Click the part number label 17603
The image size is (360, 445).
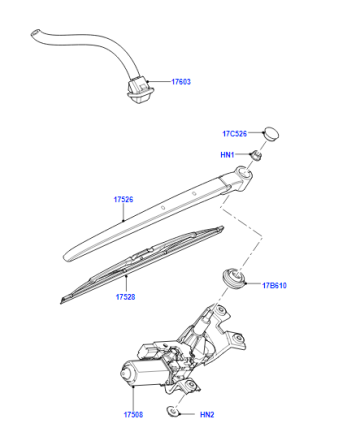click(181, 82)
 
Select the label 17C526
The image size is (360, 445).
click(235, 134)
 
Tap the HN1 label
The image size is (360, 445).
click(227, 155)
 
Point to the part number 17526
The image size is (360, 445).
click(123, 199)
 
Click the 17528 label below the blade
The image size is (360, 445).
click(125, 297)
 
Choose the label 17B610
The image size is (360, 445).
click(274, 285)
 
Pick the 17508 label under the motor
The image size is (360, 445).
click(133, 415)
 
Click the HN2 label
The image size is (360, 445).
click(207, 415)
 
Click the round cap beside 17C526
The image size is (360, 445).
click(271, 133)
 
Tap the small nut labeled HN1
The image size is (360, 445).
click(256, 155)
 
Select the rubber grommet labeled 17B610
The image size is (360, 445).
click(234, 278)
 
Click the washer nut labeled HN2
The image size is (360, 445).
click(173, 412)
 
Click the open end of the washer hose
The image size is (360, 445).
click(35, 33)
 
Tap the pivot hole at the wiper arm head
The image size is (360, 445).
click(245, 172)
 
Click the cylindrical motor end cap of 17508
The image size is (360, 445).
click(127, 374)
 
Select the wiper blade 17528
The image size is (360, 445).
click(142, 264)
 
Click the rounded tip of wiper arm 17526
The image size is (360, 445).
click(66, 256)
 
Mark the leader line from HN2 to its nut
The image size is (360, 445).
click(187, 414)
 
